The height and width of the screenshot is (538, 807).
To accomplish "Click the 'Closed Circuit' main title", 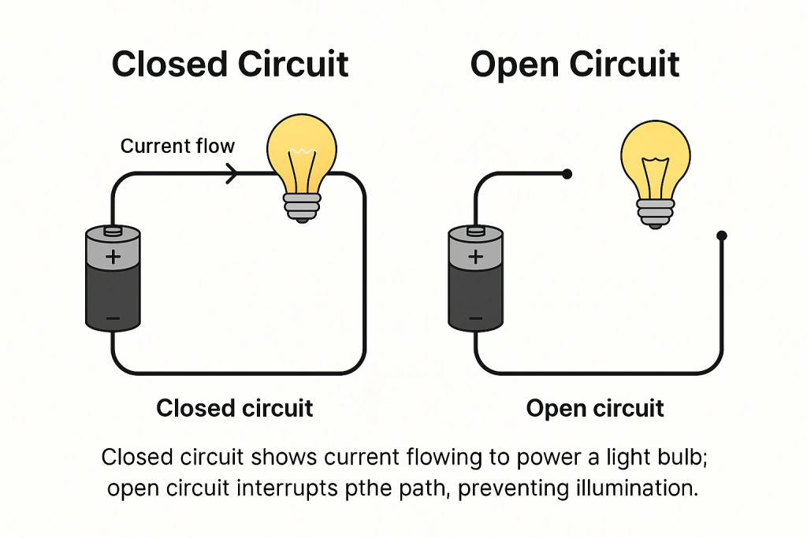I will pos(230,64).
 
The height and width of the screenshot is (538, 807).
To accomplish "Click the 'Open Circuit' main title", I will pos(575,64).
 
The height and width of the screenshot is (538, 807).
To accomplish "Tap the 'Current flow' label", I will pos(177,146).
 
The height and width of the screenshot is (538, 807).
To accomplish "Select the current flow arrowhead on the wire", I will pos(232,173).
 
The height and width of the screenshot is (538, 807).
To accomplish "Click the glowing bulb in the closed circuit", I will pos(302,154).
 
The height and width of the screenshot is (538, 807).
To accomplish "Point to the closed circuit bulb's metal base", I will pos(302,206).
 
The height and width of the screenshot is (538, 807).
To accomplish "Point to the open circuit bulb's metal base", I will pos(655,213).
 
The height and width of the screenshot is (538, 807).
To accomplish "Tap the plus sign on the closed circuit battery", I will pos(113,257).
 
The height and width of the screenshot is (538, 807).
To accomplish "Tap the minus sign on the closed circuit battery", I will pos(113,319).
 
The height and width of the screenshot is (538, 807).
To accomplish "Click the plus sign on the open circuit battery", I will pos(475,257).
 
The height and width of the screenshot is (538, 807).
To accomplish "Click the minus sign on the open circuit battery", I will pos(475,319).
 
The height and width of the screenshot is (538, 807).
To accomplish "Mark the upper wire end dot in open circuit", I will pos(567,173).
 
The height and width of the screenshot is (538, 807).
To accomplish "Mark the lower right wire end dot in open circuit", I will pos(721,236).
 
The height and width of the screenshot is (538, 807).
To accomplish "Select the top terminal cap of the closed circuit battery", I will pos(113,231).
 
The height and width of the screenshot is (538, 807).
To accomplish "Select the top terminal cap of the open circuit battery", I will pos(475,231).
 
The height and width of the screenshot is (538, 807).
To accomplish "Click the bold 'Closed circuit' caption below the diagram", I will pos(235,408).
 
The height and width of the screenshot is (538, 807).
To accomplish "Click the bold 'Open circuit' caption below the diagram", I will pos(595,409).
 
